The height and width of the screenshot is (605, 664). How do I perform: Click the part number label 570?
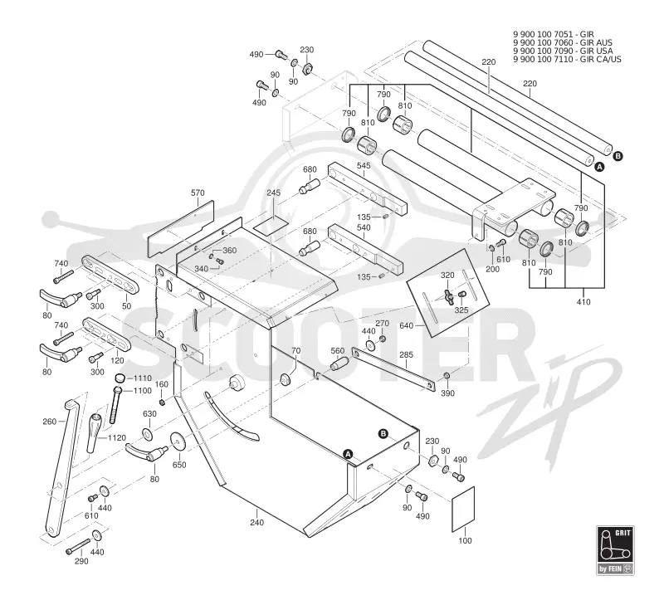(198, 193)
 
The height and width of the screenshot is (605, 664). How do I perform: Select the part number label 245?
(274, 193)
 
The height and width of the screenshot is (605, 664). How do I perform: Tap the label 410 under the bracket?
(583, 302)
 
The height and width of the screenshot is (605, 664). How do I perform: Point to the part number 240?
(256, 523)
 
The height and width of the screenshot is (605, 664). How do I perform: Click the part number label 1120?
(117, 437)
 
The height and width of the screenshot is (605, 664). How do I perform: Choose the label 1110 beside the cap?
(142, 378)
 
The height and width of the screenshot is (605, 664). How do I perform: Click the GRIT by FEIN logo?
(615, 550)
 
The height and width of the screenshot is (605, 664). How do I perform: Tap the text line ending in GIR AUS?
(563, 42)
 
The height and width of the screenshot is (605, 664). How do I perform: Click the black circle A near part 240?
(348, 454)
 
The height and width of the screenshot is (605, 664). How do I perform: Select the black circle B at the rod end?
(618, 156)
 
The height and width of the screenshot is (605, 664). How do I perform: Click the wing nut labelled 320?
(448, 294)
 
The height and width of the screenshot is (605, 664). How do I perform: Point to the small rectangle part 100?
(463, 509)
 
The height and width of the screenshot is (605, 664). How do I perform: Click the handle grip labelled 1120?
(95, 432)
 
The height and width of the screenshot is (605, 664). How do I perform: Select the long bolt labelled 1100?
(115, 405)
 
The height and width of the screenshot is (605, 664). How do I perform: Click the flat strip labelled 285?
(393, 369)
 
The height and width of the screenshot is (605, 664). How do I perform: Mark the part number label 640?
(406, 325)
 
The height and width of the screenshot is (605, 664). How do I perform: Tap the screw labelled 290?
(78, 546)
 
